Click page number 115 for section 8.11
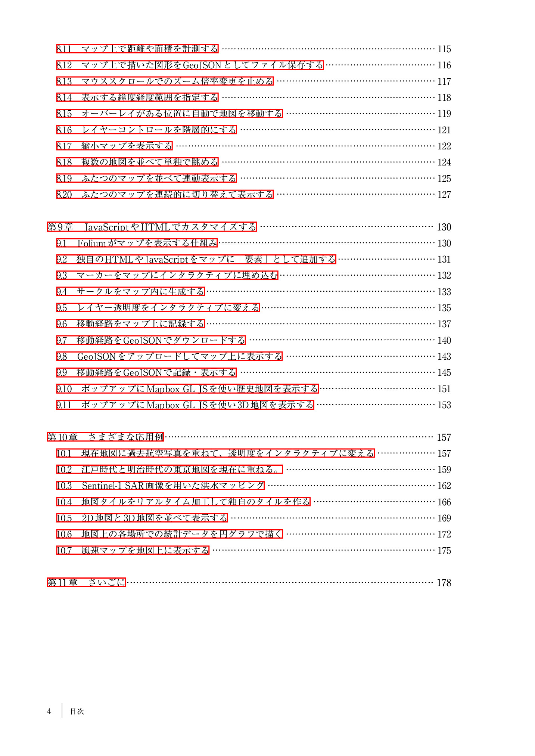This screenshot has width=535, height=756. (444, 49)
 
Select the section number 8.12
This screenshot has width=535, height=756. (64, 65)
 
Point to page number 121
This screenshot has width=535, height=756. (444, 130)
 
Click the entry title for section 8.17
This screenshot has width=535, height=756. (127, 146)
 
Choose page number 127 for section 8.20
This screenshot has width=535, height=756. (444, 195)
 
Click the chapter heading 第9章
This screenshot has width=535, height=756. (60, 227)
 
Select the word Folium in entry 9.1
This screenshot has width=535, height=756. (91, 243)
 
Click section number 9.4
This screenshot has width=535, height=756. (62, 292)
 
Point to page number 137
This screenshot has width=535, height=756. (444, 324)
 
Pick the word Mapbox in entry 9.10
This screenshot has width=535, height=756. (163, 389)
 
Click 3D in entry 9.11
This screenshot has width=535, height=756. (243, 405)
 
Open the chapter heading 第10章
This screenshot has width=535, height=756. (62, 437)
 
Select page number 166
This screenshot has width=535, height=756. (444, 502)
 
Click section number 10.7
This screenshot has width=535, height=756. (64, 550)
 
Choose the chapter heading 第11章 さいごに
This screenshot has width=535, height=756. (86, 582)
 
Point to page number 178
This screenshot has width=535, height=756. (444, 583)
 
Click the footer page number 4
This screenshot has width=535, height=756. (49, 711)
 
